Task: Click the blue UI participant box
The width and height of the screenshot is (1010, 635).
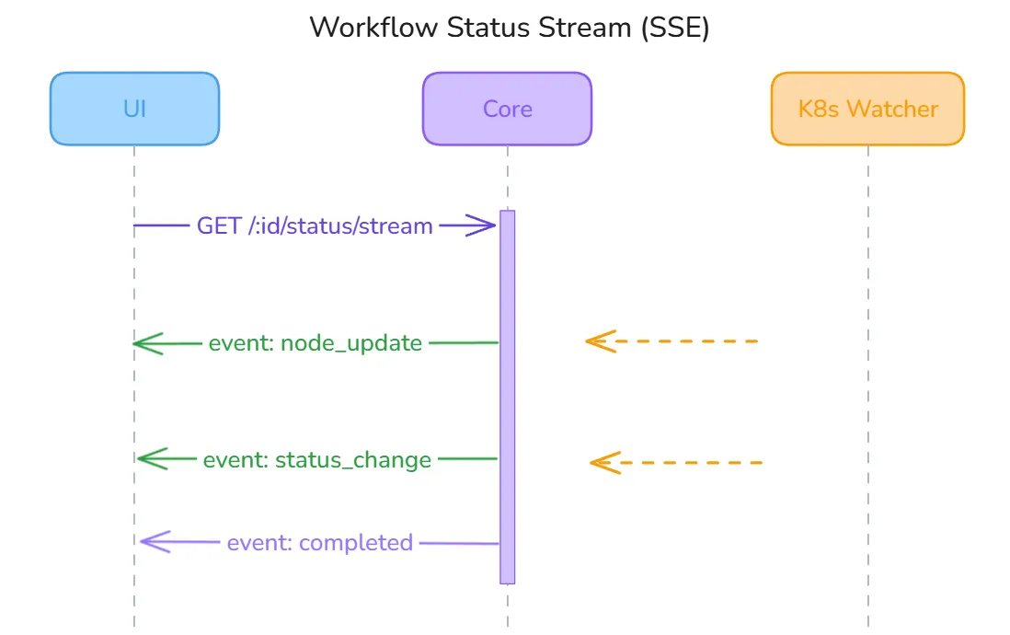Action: coord(134,109)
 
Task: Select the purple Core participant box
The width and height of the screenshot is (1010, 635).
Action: coord(507,109)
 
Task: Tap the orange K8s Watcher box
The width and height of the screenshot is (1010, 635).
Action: coord(867,109)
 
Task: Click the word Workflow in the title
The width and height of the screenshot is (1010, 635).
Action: coord(373,28)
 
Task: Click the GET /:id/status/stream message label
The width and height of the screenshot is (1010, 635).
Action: coord(315,225)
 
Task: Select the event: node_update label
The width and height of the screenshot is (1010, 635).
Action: coord(315,343)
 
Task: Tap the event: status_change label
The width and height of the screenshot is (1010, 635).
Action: coord(316,459)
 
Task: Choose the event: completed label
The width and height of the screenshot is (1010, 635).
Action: coord(319,543)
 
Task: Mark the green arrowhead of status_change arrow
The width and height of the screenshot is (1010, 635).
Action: coord(149,458)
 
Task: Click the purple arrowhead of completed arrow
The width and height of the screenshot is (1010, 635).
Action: coord(153,541)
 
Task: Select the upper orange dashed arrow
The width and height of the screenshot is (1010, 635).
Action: coord(681,341)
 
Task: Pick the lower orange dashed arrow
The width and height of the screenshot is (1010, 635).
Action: coord(685,462)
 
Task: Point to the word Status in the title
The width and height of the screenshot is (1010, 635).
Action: coord(482,28)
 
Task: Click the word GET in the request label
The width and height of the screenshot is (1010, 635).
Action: coord(218,225)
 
